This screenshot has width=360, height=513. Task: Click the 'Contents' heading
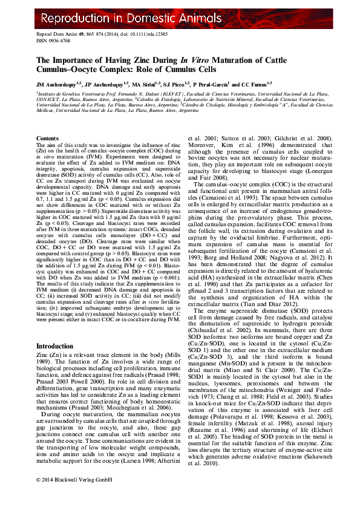pos(48,139)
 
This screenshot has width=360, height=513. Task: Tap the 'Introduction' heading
pos(55,347)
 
